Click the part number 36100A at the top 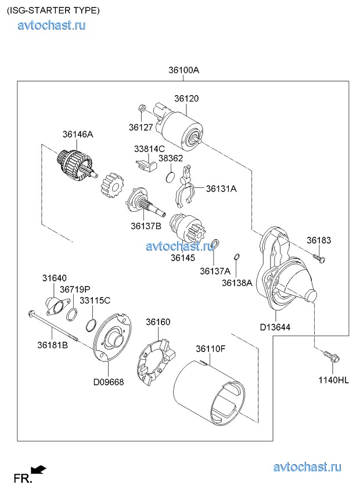point(184,70)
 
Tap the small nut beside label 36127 point(142,108)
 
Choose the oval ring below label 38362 point(170,176)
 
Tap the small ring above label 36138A point(237,257)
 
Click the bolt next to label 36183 point(319,256)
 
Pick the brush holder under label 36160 point(156,360)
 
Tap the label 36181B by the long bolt point(53,345)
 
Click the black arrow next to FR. point(39,469)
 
